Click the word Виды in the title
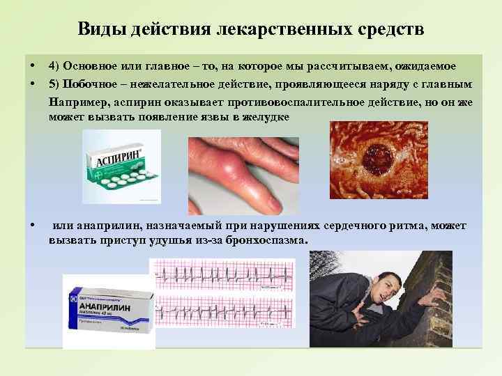[97, 30]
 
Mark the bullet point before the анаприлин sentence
[34, 226]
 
